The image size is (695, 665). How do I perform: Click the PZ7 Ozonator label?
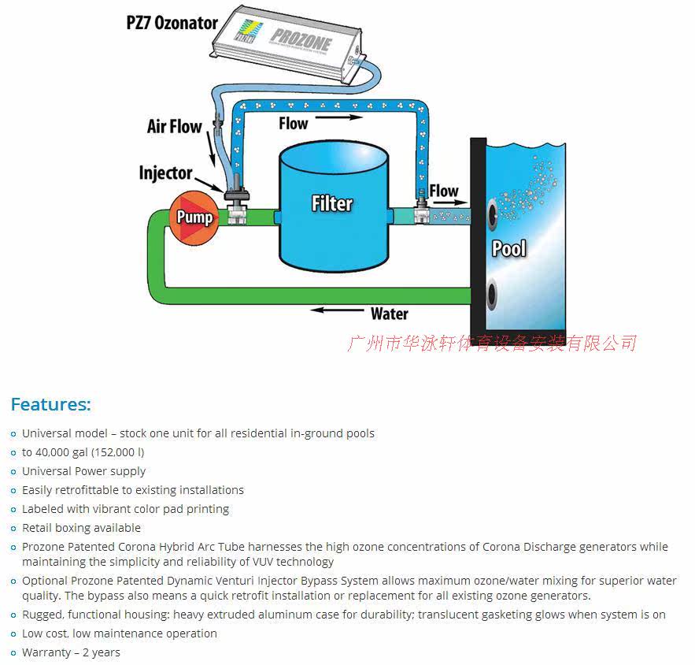(172, 23)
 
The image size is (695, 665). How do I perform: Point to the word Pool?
(508, 249)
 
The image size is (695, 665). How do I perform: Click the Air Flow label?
(174, 126)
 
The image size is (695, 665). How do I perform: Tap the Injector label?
(165, 173)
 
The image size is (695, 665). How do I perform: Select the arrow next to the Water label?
(337, 311)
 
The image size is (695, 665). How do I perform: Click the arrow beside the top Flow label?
(339, 117)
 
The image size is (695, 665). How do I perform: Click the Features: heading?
(50, 405)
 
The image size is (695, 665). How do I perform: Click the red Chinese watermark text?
(491, 343)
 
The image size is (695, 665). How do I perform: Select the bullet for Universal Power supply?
(13, 472)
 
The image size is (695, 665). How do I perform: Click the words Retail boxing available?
(81, 528)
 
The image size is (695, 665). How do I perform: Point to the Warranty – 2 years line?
(71, 652)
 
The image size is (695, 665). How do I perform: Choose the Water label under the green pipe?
(389, 314)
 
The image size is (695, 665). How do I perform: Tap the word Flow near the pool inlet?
(443, 191)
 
